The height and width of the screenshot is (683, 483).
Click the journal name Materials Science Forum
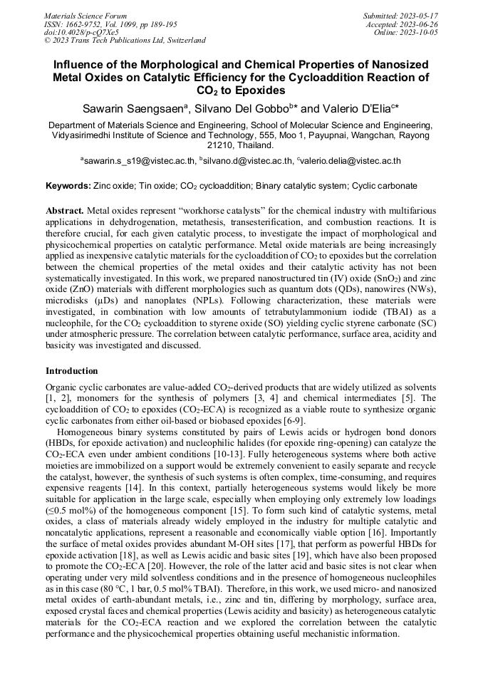pyautogui.click(x=85, y=15)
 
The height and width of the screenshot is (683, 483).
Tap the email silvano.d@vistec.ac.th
pyautogui.click(x=246, y=162)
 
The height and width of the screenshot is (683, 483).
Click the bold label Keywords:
pyautogui.click(x=68, y=186)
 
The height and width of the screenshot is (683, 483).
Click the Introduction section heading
pyautogui.click(x=72, y=371)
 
